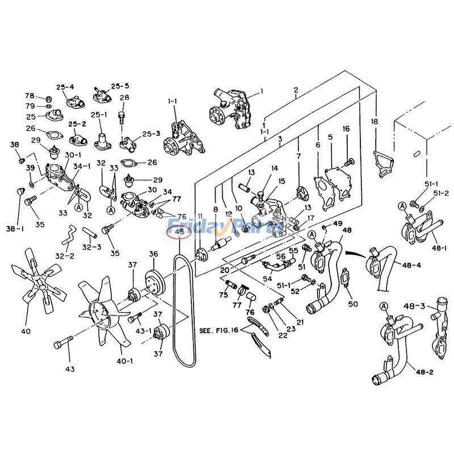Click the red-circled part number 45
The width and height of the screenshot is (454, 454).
(x=179, y=231)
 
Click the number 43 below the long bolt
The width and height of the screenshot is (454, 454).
(x=70, y=369)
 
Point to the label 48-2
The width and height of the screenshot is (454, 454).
(x=424, y=373)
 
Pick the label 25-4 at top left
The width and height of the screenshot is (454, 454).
(x=65, y=87)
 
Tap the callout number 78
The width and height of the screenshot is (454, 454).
(x=30, y=95)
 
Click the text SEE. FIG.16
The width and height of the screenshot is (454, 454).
(x=219, y=329)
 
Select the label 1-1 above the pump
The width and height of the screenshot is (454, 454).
(x=173, y=101)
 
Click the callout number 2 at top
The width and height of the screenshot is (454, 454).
(x=296, y=90)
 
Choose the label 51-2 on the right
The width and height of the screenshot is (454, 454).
(x=442, y=194)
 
